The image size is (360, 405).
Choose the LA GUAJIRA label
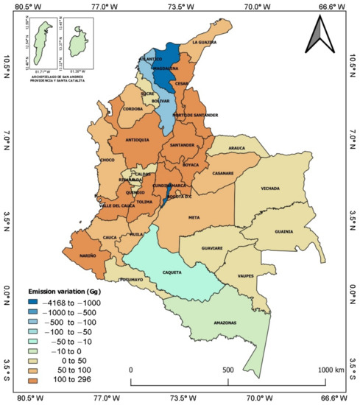[x=206, y=43]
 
